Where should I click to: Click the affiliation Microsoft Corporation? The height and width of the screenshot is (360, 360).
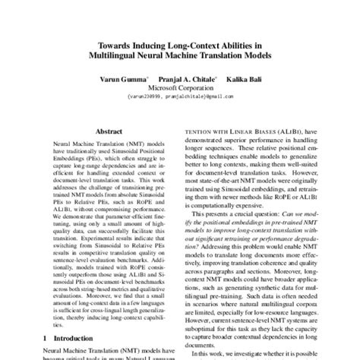pyautogui.click(x=180, y=88)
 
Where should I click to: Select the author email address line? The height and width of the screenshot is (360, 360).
pyautogui.click(x=180, y=97)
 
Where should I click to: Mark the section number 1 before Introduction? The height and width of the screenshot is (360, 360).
pyautogui.click(x=46, y=336)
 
